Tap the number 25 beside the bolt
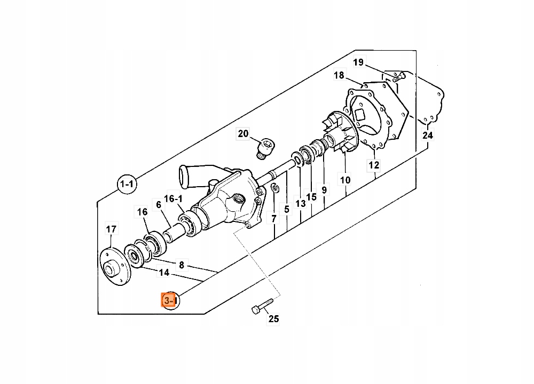click(273, 319)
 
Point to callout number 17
click(111, 230)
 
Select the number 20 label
click(244, 134)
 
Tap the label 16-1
click(174, 198)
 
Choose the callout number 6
click(159, 204)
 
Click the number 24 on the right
click(428, 135)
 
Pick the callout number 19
click(358, 62)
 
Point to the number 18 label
click(340, 75)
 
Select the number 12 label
click(373, 165)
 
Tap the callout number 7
click(274, 219)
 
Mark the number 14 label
click(163, 273)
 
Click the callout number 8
click(182, 265)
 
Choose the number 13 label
click(300, 203)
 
